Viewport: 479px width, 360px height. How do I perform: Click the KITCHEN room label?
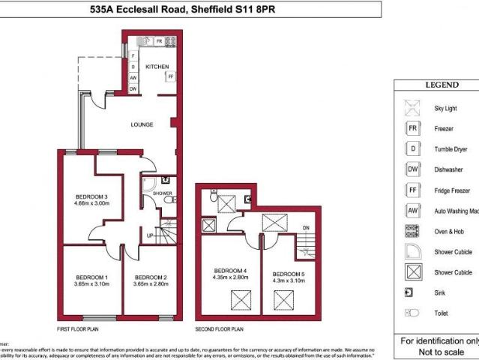pyautogui.click(x=157, y=67)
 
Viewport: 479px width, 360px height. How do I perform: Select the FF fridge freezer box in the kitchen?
pyautogui.click(x=171, y=76)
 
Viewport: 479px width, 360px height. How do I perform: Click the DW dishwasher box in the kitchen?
pyautogui.click(x=133, y=89)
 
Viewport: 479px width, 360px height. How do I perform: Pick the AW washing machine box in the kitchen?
pyautogui.click(x=133, y=78)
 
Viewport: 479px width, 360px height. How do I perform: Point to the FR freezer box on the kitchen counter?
pyautogui.click(x=159, y=41)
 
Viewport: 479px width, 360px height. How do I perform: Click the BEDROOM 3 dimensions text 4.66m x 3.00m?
pyautogui.click(x=91, y=203)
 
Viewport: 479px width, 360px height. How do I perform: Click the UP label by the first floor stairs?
pyautogui.click(x=150, y=235)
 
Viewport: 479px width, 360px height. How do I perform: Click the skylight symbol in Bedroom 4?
pyautogui.click(x=241, y=301)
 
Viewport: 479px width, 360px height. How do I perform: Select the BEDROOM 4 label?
pyautogui.click(x=230, y=271)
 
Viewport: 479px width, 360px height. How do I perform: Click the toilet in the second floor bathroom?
pyautogui.click(x=214, y=199)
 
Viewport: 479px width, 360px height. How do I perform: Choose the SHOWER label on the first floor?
pyautogui.click(x=163, y=193)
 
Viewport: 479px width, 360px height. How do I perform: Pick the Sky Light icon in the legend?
pyautogui.click(x=412, y=108)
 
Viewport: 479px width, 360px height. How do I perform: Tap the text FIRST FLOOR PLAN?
pyautogui.click(x=78, y=328)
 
